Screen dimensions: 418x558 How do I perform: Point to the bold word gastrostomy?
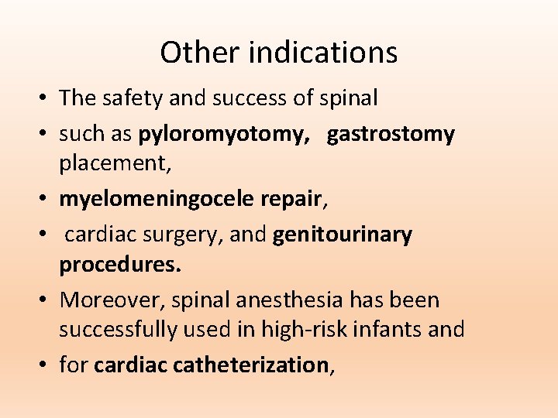click(391, 135)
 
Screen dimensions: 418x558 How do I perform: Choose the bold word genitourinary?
click(343, 235)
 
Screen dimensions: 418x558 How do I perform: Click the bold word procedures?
click(120, 266)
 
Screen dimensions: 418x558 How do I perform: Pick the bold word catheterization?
click(252, 365)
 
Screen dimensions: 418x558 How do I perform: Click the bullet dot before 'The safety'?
click(45, 99)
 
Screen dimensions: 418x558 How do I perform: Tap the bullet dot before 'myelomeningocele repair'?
click(45, 200)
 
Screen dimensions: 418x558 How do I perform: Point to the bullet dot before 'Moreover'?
click(45, 300)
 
